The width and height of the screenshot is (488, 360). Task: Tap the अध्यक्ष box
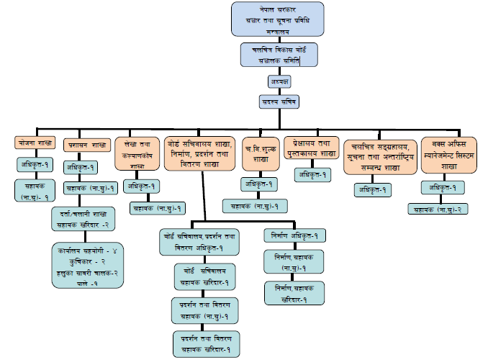click(x=279, y=83)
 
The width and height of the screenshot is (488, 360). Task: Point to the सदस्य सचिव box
click(x=279, y=102)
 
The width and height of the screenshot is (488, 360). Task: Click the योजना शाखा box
click(x=35, y=143)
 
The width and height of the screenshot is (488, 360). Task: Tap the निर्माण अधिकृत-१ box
click(x=294, y=235)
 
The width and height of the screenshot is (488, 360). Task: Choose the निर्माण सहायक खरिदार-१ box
click(x=294, y=292)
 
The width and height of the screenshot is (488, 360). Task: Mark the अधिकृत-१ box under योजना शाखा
click(x=35, y=164)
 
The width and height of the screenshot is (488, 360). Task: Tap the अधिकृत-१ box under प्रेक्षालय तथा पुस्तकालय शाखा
click(x=311, y=174)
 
